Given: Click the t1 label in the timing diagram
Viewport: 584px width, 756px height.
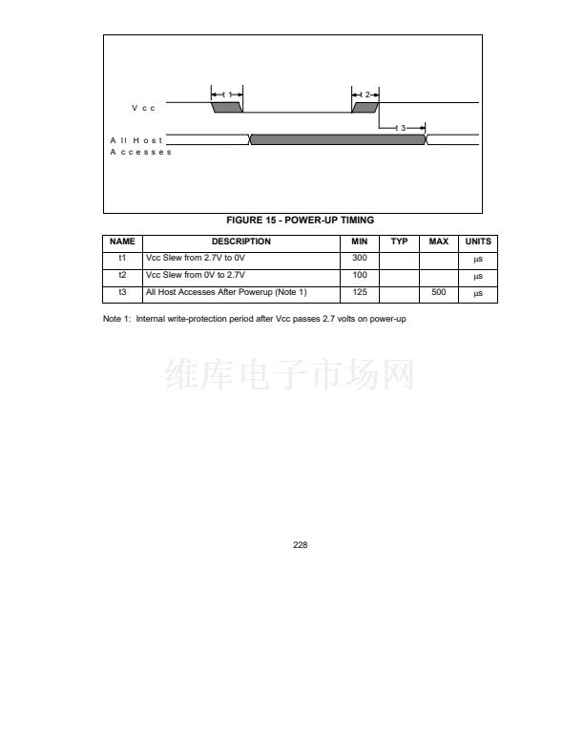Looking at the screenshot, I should (226, 94).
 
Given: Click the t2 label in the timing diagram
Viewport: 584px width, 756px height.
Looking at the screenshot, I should (365, 94).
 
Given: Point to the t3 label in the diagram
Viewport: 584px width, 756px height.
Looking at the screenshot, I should (402, 128).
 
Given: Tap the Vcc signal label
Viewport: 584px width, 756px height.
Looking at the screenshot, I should (143, 107).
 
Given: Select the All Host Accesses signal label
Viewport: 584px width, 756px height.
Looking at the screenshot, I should (140, 146).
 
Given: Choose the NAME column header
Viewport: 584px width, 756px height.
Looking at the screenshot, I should (122, 241).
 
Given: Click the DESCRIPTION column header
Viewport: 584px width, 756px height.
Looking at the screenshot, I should (241, 241).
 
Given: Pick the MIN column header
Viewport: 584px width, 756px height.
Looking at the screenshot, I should (360, 241).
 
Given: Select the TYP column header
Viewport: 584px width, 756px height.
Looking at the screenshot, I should (399, 241).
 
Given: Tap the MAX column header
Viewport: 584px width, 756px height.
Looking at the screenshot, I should (438, 241).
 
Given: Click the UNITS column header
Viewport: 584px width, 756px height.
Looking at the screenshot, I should (478, 241).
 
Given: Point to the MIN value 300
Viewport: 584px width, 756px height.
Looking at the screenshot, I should (360, 259).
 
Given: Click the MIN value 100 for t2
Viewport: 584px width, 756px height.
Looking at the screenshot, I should (360, 276).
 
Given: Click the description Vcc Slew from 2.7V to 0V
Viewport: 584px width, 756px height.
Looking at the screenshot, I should (195, 259).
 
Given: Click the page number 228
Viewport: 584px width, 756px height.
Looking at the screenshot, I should (300, 545).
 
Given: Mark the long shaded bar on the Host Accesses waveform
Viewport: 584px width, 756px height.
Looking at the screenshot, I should (338, 139).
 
